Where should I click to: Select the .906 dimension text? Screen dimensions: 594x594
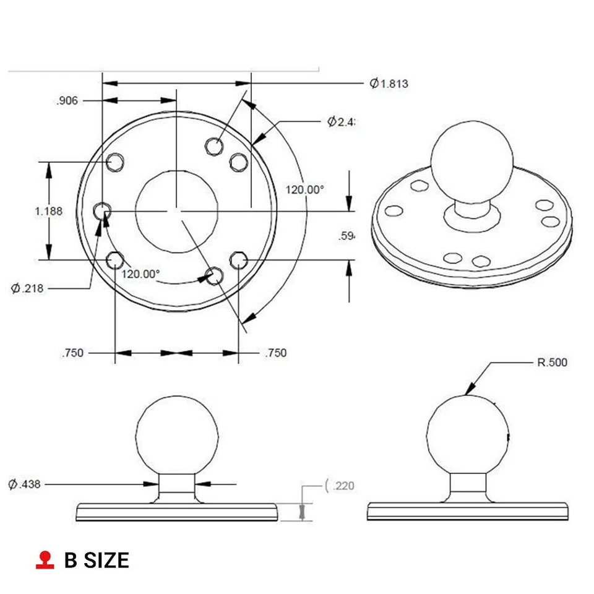[67, 101]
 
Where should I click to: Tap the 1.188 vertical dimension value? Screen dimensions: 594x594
[48, 211]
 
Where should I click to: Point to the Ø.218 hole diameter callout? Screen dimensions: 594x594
[27, 288]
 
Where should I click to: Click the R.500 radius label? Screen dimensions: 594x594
[551, 363]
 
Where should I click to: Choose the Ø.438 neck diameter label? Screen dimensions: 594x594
[25, 484]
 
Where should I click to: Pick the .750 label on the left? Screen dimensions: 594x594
[72, 353]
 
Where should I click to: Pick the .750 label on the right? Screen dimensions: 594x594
[275, 353]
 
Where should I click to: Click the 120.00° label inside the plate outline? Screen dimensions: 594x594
[140, 273]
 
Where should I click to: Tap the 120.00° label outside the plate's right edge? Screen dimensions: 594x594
[304, 190]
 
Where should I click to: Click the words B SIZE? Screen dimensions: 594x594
[97, 561]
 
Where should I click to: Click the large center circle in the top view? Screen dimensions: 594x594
[176, 211]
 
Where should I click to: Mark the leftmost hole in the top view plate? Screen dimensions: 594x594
[101, 212]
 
